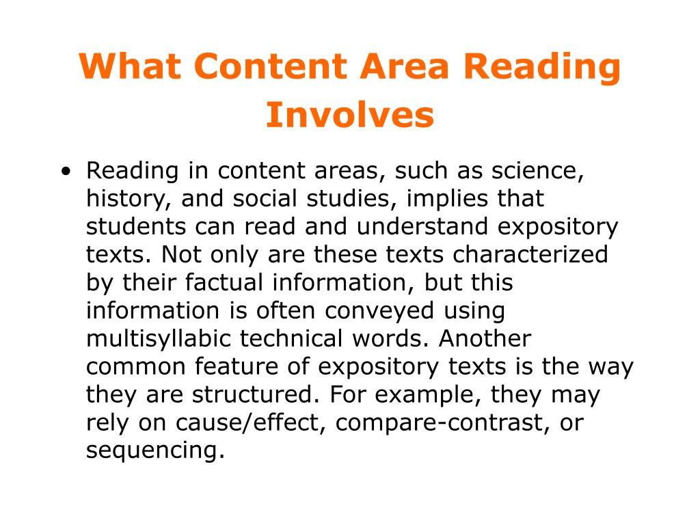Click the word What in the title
click(x=129, y=67)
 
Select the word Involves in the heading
click(x=350, y=115)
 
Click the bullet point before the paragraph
click(x=66, y=172)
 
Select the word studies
click(x=358, y=199)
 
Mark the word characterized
click(x=530, y=255)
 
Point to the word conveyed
click(x=379, y=311)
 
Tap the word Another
click(x=485, y=339)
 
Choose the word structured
click(x=261, y=395)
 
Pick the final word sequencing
click(x=155, y=451)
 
